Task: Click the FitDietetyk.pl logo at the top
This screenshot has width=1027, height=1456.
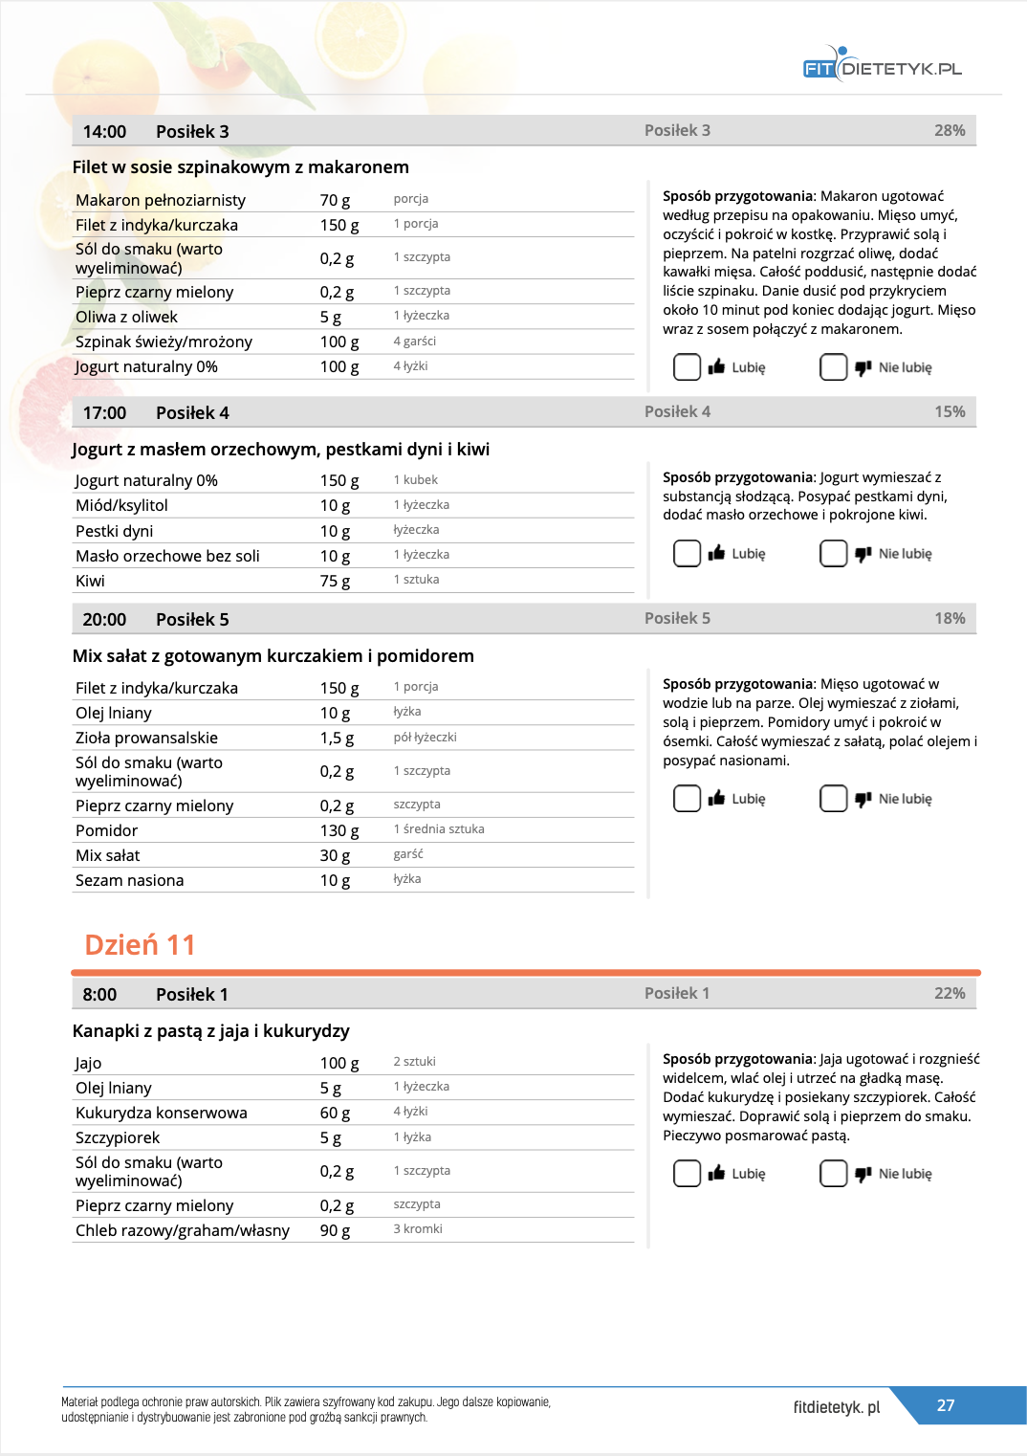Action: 882,67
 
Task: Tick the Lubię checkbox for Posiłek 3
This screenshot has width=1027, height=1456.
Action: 687,367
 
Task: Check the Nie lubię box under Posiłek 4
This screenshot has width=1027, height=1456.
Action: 833,554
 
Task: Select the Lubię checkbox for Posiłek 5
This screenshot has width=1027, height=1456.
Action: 687,799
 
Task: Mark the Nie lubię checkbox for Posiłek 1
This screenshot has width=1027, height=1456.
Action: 833,1174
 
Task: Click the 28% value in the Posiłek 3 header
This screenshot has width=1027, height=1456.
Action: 949,131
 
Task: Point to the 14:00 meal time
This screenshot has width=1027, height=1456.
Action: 104,132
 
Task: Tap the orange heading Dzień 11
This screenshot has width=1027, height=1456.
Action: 140,945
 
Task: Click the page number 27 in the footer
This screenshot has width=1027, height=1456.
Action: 945,1405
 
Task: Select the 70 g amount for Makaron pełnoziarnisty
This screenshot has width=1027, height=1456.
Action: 335,200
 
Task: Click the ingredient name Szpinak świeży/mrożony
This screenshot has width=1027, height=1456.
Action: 164,342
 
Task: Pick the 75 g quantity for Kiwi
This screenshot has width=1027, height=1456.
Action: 335,581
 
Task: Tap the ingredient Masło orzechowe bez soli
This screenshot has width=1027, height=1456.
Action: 167,556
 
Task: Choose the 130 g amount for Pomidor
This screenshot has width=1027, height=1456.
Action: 339,830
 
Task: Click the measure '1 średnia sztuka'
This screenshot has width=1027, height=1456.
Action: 439,829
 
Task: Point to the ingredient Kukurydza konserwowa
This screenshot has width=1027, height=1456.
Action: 161,1113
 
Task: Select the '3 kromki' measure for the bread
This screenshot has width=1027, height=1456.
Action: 418,1229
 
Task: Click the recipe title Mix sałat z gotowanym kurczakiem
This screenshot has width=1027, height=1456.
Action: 273,656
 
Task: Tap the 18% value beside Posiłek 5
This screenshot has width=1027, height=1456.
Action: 949,619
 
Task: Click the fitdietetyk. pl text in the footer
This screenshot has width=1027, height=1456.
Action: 836,1407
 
